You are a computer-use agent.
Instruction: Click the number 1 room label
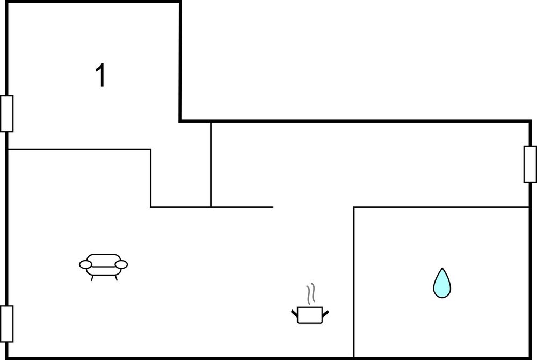(x=100, y=75)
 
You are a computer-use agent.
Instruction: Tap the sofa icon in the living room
(x=104, y=267)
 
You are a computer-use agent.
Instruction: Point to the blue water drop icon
(x=442, y=283)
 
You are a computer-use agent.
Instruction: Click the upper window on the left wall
(x=6, y=113)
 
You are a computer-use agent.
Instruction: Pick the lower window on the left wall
(x=6, y=323)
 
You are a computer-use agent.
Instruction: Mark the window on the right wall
(x=530, y=164)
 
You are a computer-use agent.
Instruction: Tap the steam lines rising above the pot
(x=310, y=294)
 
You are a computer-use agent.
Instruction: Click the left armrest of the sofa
(x=85, y=264)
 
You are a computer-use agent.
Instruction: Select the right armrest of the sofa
(x=121, y=264)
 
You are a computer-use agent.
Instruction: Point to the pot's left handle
(x=294, y=313)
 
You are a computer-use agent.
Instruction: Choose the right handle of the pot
(x=325, y=313)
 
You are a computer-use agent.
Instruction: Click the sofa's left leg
(x=92, y=278)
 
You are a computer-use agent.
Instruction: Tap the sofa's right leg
(x=116, y=278)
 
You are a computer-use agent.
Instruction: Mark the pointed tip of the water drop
(x=442, y=268)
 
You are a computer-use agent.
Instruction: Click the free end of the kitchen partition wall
(x=273, y=207)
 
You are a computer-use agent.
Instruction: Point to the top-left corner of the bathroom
(x=354, y=207)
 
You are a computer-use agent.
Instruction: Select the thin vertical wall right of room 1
(x=211, y=164)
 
